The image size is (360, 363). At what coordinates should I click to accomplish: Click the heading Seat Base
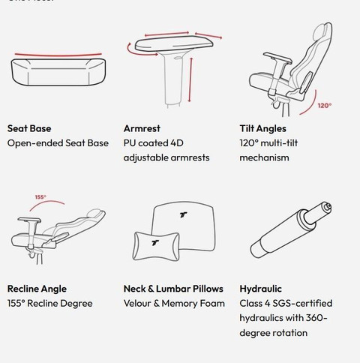pyautogui.click(x=29, y=128)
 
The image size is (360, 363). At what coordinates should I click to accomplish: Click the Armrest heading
pyautogui.click(x=142, y=128)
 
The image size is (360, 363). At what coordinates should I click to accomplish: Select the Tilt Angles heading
pyautogui.click(x=262, y=128)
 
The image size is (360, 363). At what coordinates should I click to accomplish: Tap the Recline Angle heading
pyautogui.click(x=37, y=289)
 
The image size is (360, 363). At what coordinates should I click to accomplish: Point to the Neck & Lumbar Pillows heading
pyautogui.click(x=173, y=289)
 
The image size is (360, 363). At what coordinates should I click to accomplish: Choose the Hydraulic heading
pyautogui.click(x=260, y=289)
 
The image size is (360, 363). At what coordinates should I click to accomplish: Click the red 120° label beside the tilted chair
pyautogui.click(x=325, y=106)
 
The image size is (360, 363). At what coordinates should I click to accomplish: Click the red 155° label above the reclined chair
pyautogui.click(x=40, y=197)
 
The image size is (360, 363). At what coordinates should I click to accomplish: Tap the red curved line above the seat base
pyautogui.click(x=58, y=55)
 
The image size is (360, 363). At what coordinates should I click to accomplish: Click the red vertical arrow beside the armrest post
pyautogui.click(x=190, y=79)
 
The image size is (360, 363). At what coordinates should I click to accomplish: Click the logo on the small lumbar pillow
pyautogui.click(x=155, y=242)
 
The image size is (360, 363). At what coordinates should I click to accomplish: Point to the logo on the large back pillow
pyautogui.click(x=184, y=214)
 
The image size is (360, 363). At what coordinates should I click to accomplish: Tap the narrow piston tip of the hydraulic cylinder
pyautogui.click(x=328, y=206)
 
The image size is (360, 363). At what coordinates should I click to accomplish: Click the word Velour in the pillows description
pyautogui.click(x=137, y=304)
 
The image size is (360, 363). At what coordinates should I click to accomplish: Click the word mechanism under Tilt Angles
pyautogui.click(x=264, y=157)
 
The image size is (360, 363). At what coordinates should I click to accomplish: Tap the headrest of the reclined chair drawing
pyautogui.click(x=96, y=213)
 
